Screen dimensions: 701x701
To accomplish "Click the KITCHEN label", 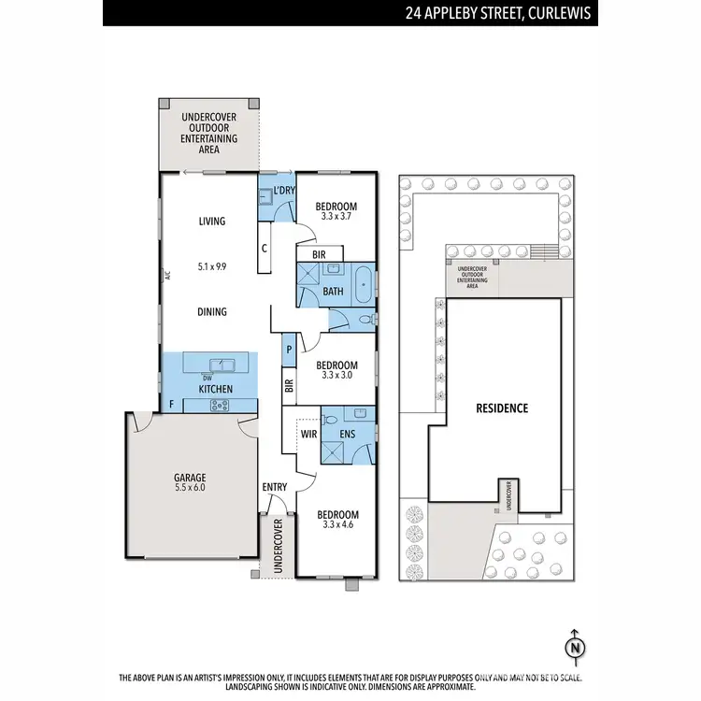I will click(x=213, y=388).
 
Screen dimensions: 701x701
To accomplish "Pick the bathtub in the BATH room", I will click(x=362, y=281).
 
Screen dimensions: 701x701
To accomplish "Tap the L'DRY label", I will click(x=285, y=192).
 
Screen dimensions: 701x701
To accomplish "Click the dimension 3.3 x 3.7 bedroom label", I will click(x=336, y=217).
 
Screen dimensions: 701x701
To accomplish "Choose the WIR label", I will click(x=308, y=434).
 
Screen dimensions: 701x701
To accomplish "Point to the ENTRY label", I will click(x=275, y=487).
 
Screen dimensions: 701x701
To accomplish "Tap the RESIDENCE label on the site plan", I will click(x=502, y=408).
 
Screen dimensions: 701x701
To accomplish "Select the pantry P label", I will click(x=290, y=349).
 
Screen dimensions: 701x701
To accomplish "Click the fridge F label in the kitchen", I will click(x=171, y=405).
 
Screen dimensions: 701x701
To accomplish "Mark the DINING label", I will click(x=212, y=312).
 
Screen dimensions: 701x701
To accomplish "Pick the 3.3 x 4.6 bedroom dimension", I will click(x=336, y=525).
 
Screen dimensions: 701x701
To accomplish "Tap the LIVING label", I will click(x=212, y=222).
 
